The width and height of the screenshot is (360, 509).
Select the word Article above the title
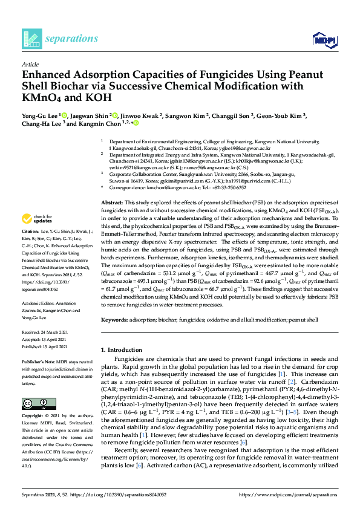(x=30, y=64)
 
